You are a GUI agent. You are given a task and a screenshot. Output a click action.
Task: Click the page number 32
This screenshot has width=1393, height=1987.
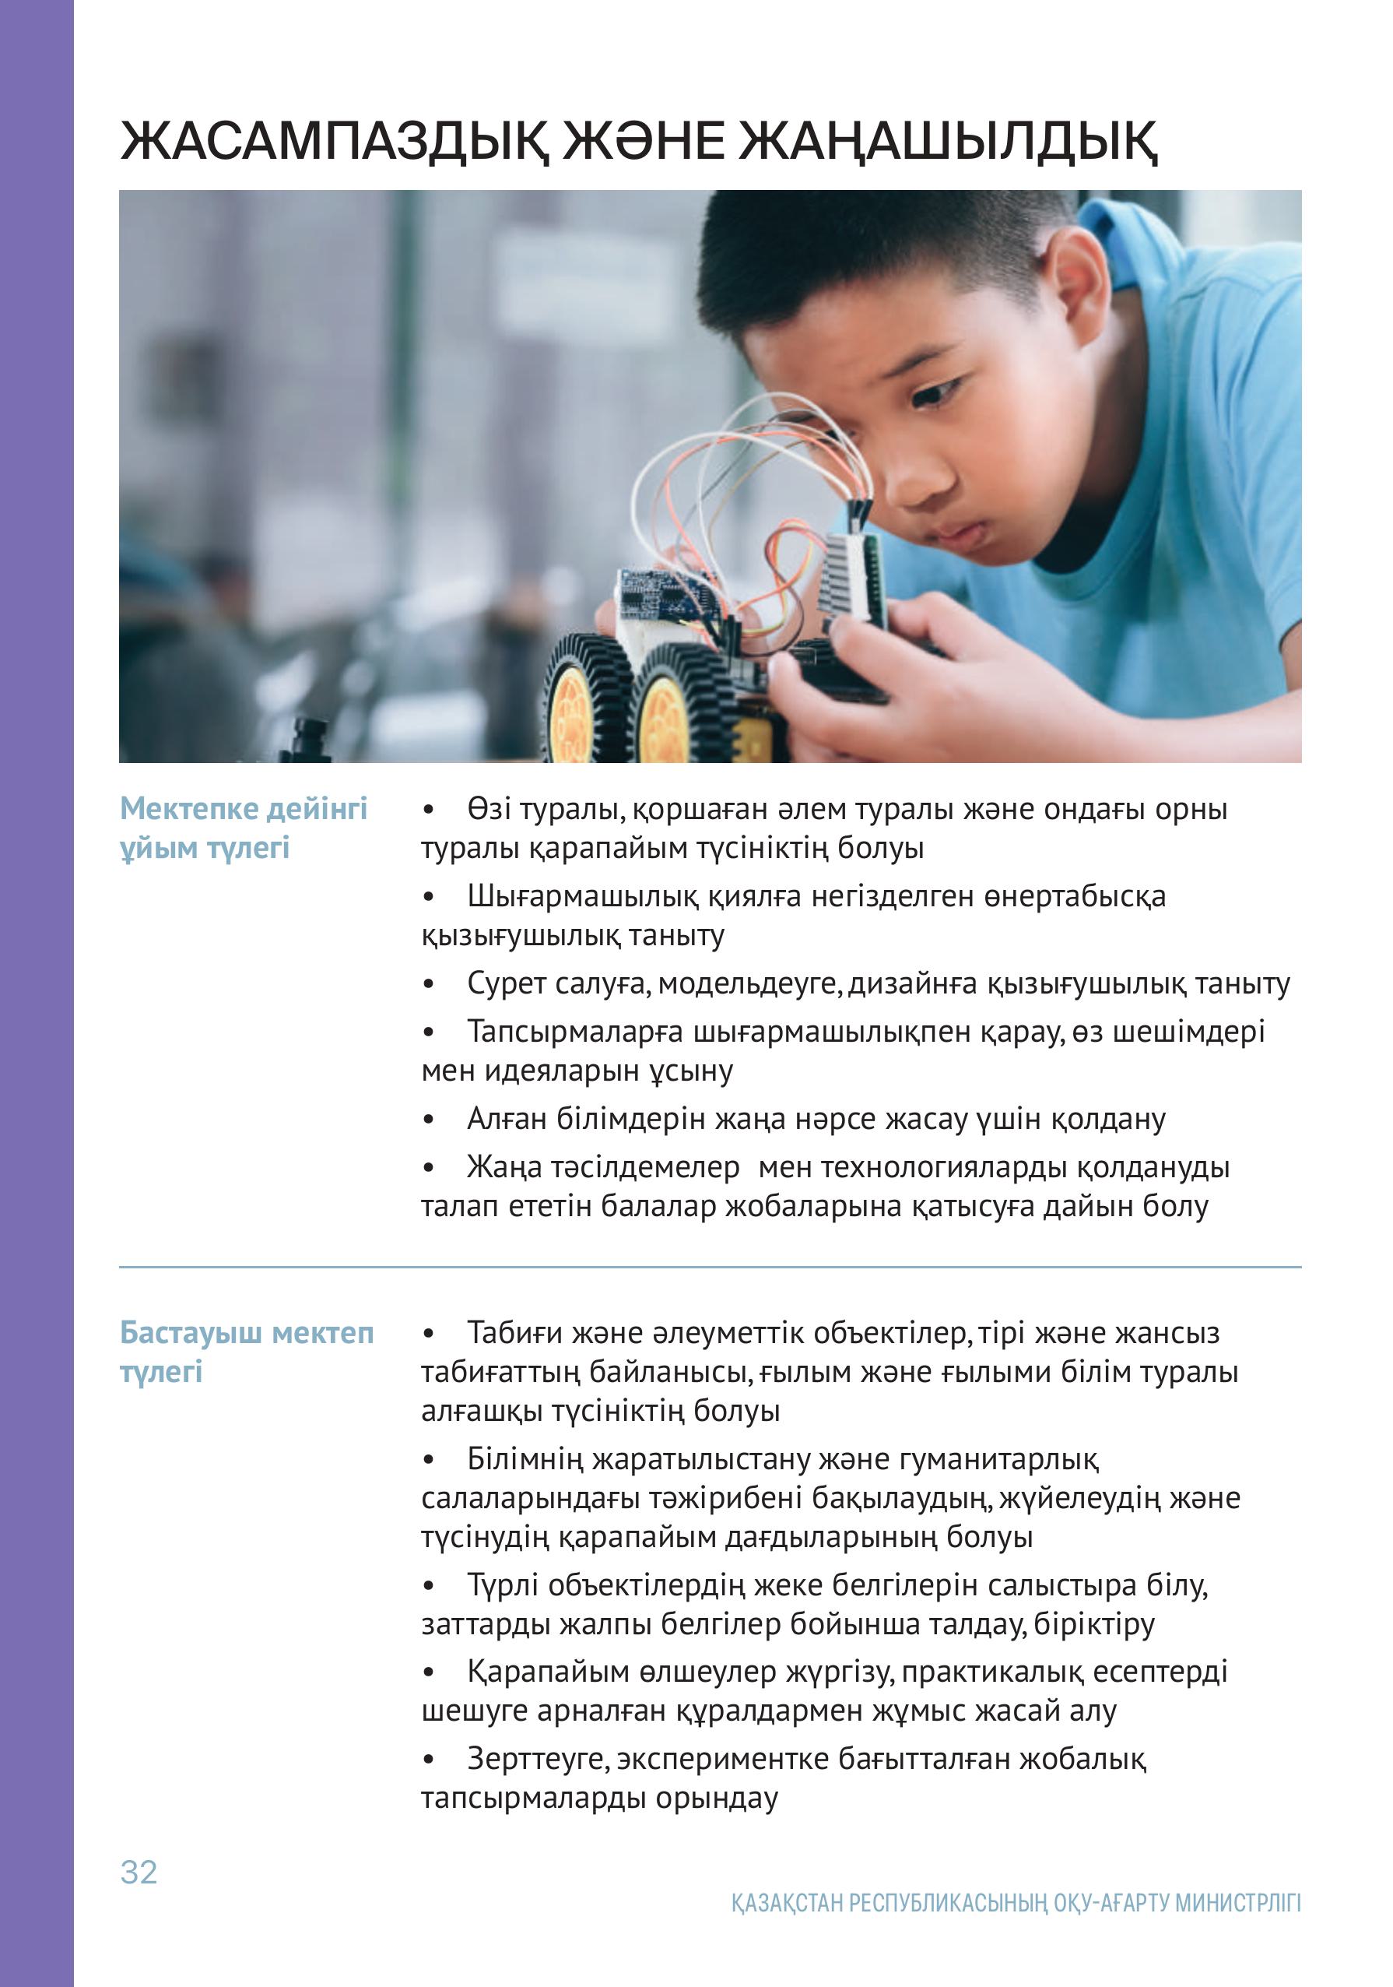[139, 1872]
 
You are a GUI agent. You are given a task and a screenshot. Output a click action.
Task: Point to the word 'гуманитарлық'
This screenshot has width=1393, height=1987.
[999, 1459]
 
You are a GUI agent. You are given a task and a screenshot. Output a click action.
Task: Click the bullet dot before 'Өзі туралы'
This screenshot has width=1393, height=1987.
[427, 810]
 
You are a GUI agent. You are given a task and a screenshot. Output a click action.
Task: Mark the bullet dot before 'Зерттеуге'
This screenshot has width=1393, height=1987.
[427, 1760]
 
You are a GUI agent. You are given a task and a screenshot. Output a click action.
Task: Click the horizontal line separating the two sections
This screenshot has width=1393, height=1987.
[710, 1268]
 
